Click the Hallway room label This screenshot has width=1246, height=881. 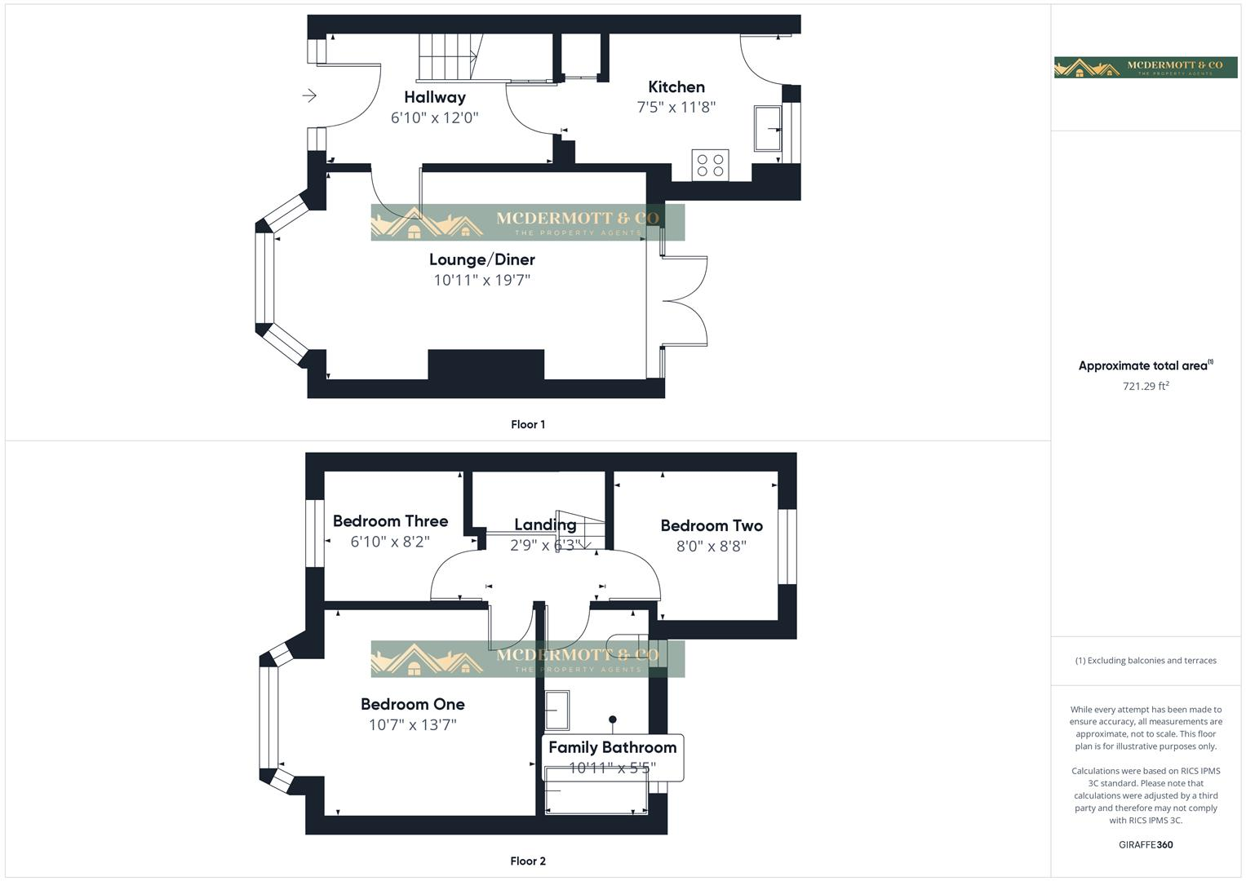tap(434, 97)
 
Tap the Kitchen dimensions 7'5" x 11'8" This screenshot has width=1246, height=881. tap(676, 107)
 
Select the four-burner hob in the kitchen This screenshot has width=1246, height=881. tap(710, 166)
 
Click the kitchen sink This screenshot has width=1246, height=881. tap(767, 128)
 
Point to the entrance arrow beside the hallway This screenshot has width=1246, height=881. tap(309, 96)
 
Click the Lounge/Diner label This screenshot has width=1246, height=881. tap(481, 259)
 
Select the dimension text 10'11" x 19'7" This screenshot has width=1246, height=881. tap(481, 280)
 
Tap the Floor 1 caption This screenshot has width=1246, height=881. tap(527, 424)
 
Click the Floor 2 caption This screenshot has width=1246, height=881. tap(527, 861)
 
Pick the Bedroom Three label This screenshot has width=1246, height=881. tap(390, 521)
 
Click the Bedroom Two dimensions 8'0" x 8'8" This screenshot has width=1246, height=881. tap(711, 546)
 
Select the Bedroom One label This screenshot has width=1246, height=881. tap(412, 704)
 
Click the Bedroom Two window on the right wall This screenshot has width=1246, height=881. tap(787, 547)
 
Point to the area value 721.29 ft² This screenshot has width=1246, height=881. tap(1146, 386)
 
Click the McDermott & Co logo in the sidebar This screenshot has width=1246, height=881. tap(1145, 67)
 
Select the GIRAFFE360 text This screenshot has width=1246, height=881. tap(1145, 844)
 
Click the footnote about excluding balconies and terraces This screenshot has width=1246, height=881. tap(1145, 661)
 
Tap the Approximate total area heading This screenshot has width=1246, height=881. tap(1145, 365)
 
